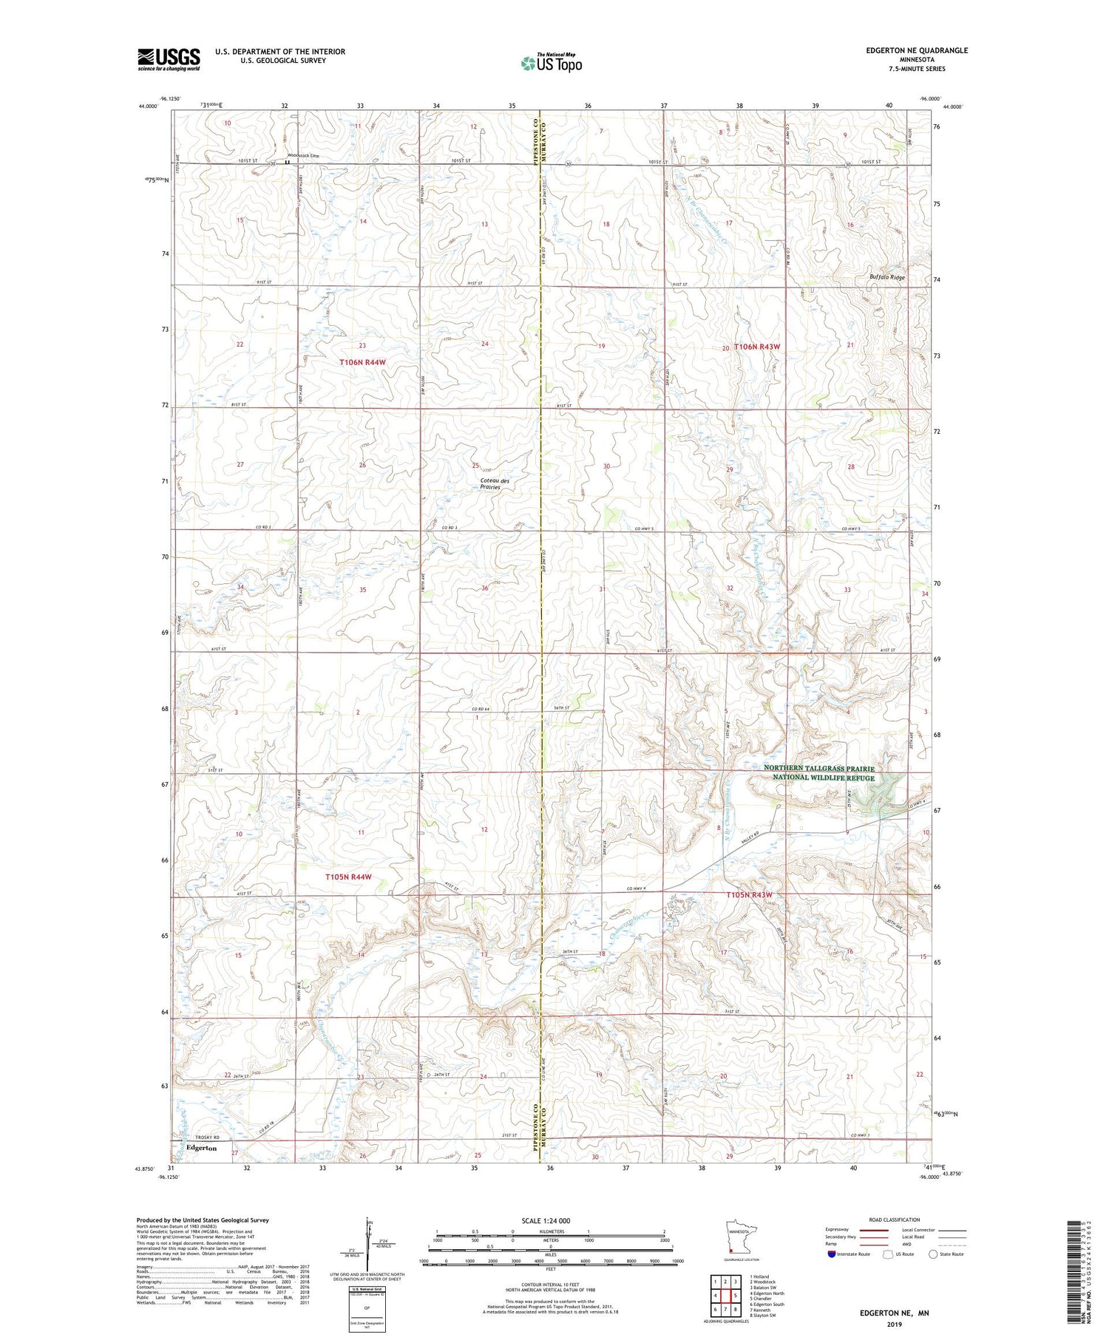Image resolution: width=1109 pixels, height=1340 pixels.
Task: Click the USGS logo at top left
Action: [x=169, y=59]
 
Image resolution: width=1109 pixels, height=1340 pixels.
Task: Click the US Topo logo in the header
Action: [x=551, y=63]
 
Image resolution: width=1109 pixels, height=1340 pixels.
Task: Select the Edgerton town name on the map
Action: [x=202, y=1148]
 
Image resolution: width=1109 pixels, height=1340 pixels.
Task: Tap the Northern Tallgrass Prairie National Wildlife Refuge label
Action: [x=818, y=773]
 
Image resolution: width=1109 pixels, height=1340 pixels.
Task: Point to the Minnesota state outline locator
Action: [x=739, y=1239]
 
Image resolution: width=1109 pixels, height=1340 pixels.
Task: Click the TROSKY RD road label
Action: [x=198, y=1137]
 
